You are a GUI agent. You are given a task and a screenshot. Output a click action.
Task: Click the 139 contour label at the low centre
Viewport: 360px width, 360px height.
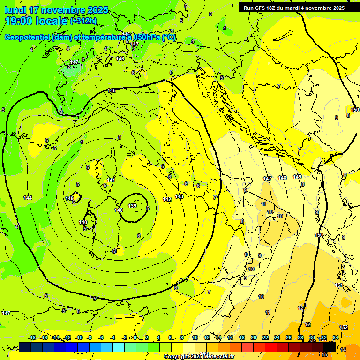132,206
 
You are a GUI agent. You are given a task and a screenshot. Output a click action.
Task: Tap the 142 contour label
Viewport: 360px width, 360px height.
167,199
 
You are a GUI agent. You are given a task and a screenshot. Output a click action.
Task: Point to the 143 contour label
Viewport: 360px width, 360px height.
179,196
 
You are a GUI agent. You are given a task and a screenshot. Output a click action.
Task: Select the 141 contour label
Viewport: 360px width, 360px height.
111,180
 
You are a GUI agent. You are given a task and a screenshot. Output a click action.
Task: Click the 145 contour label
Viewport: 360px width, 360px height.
112,90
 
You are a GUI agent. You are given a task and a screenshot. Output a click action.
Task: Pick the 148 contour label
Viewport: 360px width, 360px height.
282,178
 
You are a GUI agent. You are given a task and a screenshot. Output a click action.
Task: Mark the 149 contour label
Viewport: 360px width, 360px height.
297,177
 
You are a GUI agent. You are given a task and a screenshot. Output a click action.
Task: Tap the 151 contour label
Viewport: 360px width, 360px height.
338,285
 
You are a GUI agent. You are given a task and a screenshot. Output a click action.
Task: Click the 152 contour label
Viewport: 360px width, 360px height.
344,327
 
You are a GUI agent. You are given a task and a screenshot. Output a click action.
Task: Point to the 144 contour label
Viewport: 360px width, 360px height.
28,198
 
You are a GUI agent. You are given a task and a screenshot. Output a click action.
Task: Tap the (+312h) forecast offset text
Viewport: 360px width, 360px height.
83,21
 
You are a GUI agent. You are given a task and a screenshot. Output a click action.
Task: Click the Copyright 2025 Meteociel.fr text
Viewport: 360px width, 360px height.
199,357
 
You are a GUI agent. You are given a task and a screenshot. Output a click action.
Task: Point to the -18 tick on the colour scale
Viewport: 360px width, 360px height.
32,337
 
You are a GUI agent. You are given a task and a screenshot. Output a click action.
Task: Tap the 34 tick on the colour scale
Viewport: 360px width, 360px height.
336,337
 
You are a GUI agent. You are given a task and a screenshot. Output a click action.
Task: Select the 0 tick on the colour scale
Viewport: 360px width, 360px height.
135,337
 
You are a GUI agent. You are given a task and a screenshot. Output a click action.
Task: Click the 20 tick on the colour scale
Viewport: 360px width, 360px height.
254,337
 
